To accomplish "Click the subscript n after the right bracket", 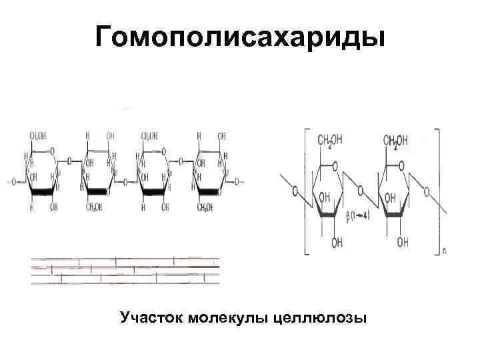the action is (x=444, y=253).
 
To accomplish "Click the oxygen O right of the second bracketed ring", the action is (x=427, y=191).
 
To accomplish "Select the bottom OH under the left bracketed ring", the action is (x=337, y=243).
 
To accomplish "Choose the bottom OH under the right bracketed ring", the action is (x=403, y=243).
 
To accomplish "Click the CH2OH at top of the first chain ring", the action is (x=37, y=136).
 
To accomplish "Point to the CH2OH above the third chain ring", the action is (x=149, y=136).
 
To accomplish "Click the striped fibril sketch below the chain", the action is (x=125, y=270).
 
